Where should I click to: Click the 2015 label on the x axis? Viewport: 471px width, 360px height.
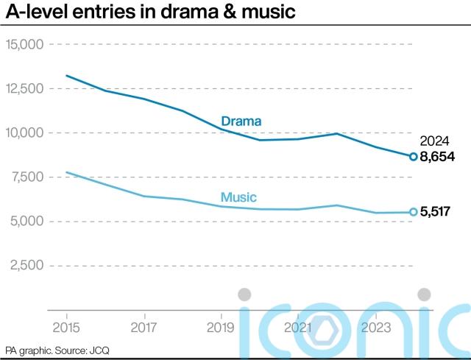coord(65,326)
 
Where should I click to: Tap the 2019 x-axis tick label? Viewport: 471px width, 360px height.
coord(220,326)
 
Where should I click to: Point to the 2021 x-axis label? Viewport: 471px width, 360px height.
coord(297,326)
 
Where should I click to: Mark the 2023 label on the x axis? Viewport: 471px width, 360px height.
coord(375,326)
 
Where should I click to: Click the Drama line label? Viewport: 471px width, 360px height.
coord(241,121)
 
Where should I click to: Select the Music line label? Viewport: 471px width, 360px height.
coord(238,197)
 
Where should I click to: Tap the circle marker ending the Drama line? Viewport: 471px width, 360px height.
coord(414,157)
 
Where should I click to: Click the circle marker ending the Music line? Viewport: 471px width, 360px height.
coord(414,212)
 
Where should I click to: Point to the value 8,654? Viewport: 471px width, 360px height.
coord(438,157)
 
